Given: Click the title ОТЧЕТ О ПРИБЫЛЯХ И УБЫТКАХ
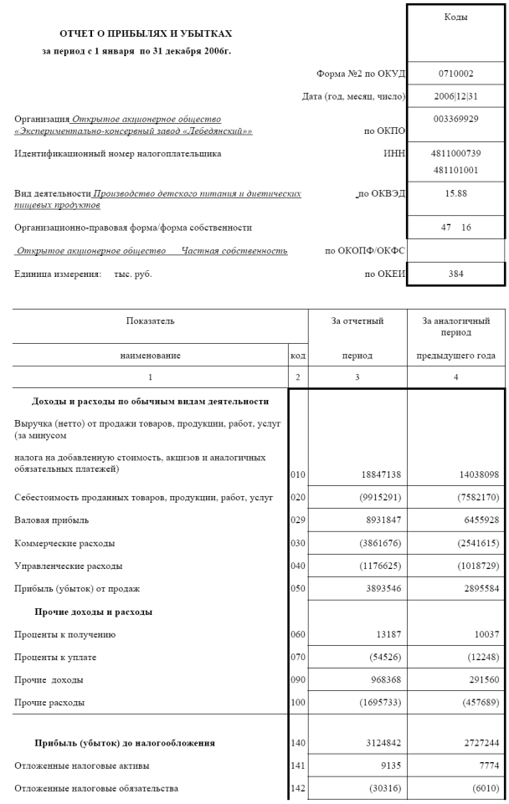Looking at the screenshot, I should [x=146, y=33].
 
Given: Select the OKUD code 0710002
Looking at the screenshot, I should [x=456, y=74].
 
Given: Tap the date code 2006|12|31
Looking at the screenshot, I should [x=456, y=97].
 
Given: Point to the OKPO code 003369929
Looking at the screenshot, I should [x=456, y=120].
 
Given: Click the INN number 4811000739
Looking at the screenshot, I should [x=456, y=154].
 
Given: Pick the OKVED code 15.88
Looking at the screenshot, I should [x=456, y=192].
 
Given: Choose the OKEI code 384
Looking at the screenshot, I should [x=456, y=273].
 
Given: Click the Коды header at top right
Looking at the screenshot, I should [x=456, y=17].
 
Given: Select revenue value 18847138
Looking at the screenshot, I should [x=378, y=474].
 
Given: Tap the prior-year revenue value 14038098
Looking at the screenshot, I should [x=474, y=474].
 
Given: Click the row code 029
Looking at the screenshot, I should [x=298, y=520].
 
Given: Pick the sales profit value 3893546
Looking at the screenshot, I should [x=378, y=588].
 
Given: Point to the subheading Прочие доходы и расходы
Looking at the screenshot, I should [x=93, y=612].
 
